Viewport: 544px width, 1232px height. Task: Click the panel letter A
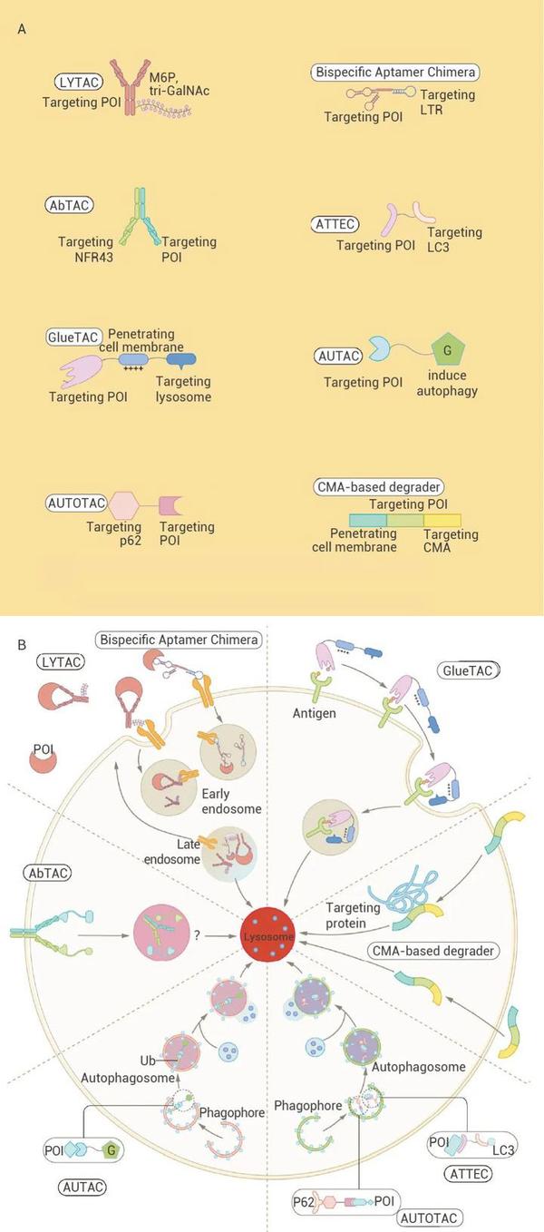click(22, 29)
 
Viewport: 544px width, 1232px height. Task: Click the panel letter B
click(22, 643)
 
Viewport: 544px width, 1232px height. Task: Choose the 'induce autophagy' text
click(447, 383)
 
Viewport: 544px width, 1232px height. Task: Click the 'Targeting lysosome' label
click(183, 388)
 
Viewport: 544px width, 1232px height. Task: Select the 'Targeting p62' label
click(114, 533)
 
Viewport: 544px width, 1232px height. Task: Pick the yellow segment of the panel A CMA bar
click(442, 520)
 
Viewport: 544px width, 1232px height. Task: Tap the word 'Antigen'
click(315, 714)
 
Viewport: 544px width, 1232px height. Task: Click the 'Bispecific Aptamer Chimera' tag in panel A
click(394, 72)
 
